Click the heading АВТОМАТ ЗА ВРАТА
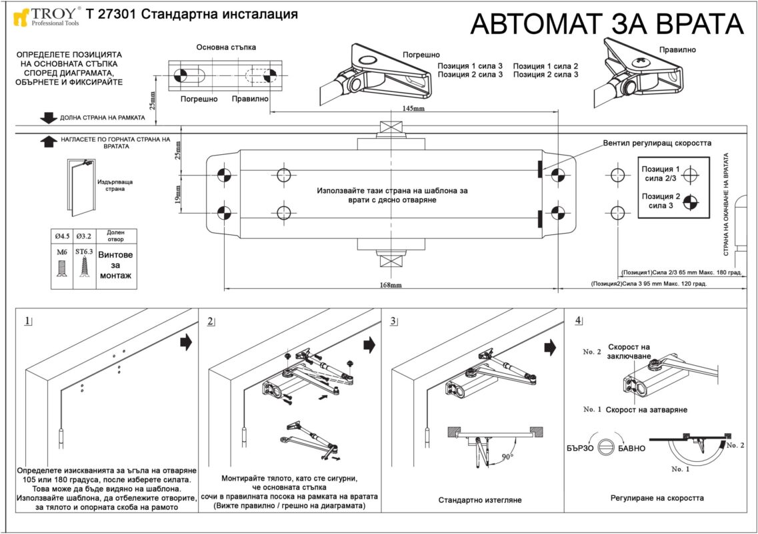(607, 24)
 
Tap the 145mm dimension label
(414, 108)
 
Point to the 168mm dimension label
(391, 285)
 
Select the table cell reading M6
(62, 252)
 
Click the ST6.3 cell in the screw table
(84, 252)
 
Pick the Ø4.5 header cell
(62, 236)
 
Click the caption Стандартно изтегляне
(480, 500)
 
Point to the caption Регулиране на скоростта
(657, 498)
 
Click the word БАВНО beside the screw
(631, 448)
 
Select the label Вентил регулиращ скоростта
(657, 143)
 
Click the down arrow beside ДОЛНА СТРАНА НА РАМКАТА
(49, 117)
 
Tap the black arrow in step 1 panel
(186, 342)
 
